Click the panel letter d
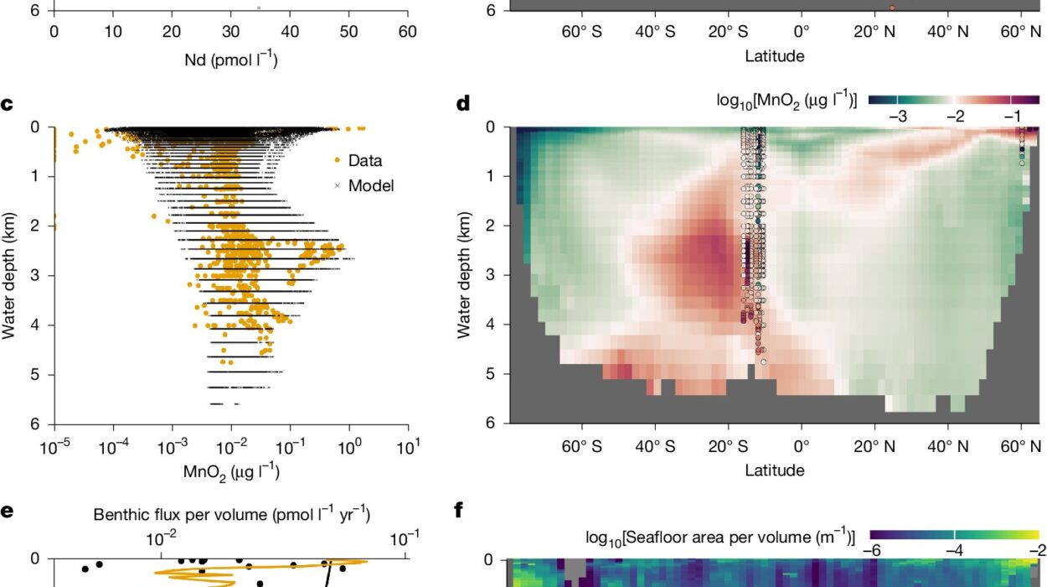point(462,104)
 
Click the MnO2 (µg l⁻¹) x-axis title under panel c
point(231,471)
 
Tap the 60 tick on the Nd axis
point(408,32)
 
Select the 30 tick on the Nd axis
point(231,32)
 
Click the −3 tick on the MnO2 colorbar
point(897,117)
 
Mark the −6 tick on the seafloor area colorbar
point(873,549)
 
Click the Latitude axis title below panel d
point(775,470)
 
